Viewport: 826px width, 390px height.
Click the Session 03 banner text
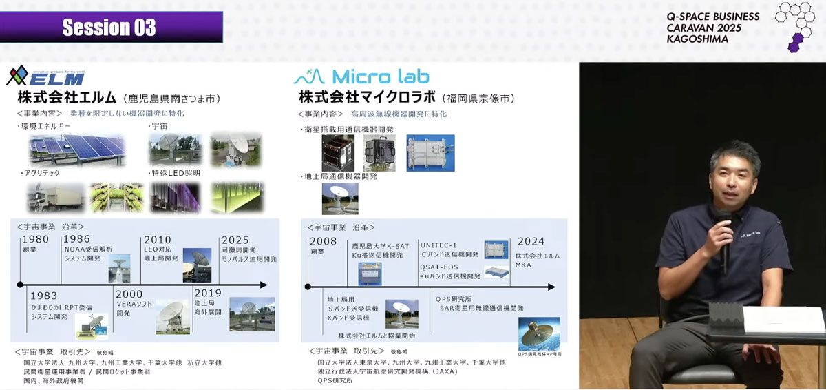[109, 28]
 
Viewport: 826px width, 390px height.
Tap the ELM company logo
[45, 76]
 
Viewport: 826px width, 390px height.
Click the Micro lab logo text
[372, 76]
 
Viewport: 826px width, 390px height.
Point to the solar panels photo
[76, 150]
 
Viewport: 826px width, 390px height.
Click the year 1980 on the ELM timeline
[34, 239]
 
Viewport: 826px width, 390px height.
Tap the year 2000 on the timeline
[129, 294]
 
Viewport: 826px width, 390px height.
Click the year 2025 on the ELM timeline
[235, 239]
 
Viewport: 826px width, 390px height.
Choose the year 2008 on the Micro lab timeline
[323, 241]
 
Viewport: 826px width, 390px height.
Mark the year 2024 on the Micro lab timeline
[530, 241]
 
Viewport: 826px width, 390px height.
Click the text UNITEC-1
[438, 245]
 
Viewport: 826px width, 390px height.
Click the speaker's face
[734, 176]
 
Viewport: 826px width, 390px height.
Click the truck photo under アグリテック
[56, 198]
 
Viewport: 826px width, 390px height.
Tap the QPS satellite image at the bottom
[538, 333]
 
